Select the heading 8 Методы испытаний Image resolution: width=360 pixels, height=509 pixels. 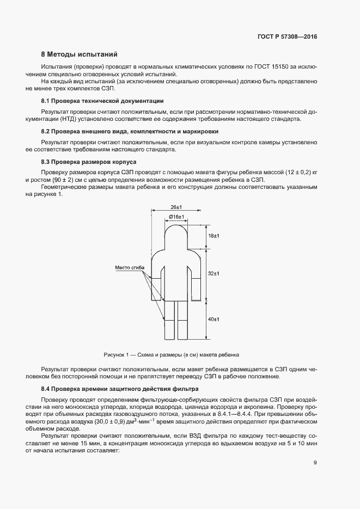(x=80, y=54)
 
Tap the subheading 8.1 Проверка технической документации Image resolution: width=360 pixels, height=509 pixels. (x=102, y=101)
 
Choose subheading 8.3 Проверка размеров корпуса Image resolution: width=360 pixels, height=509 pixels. (x=89, y=162)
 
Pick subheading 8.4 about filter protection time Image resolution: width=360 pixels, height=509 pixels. (x=120, y=389)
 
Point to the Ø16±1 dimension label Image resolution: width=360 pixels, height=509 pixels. (x=176, y=217)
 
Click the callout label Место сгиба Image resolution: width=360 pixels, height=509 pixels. (x=130, y=267)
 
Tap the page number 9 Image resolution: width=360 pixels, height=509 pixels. (x=315, y=463)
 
